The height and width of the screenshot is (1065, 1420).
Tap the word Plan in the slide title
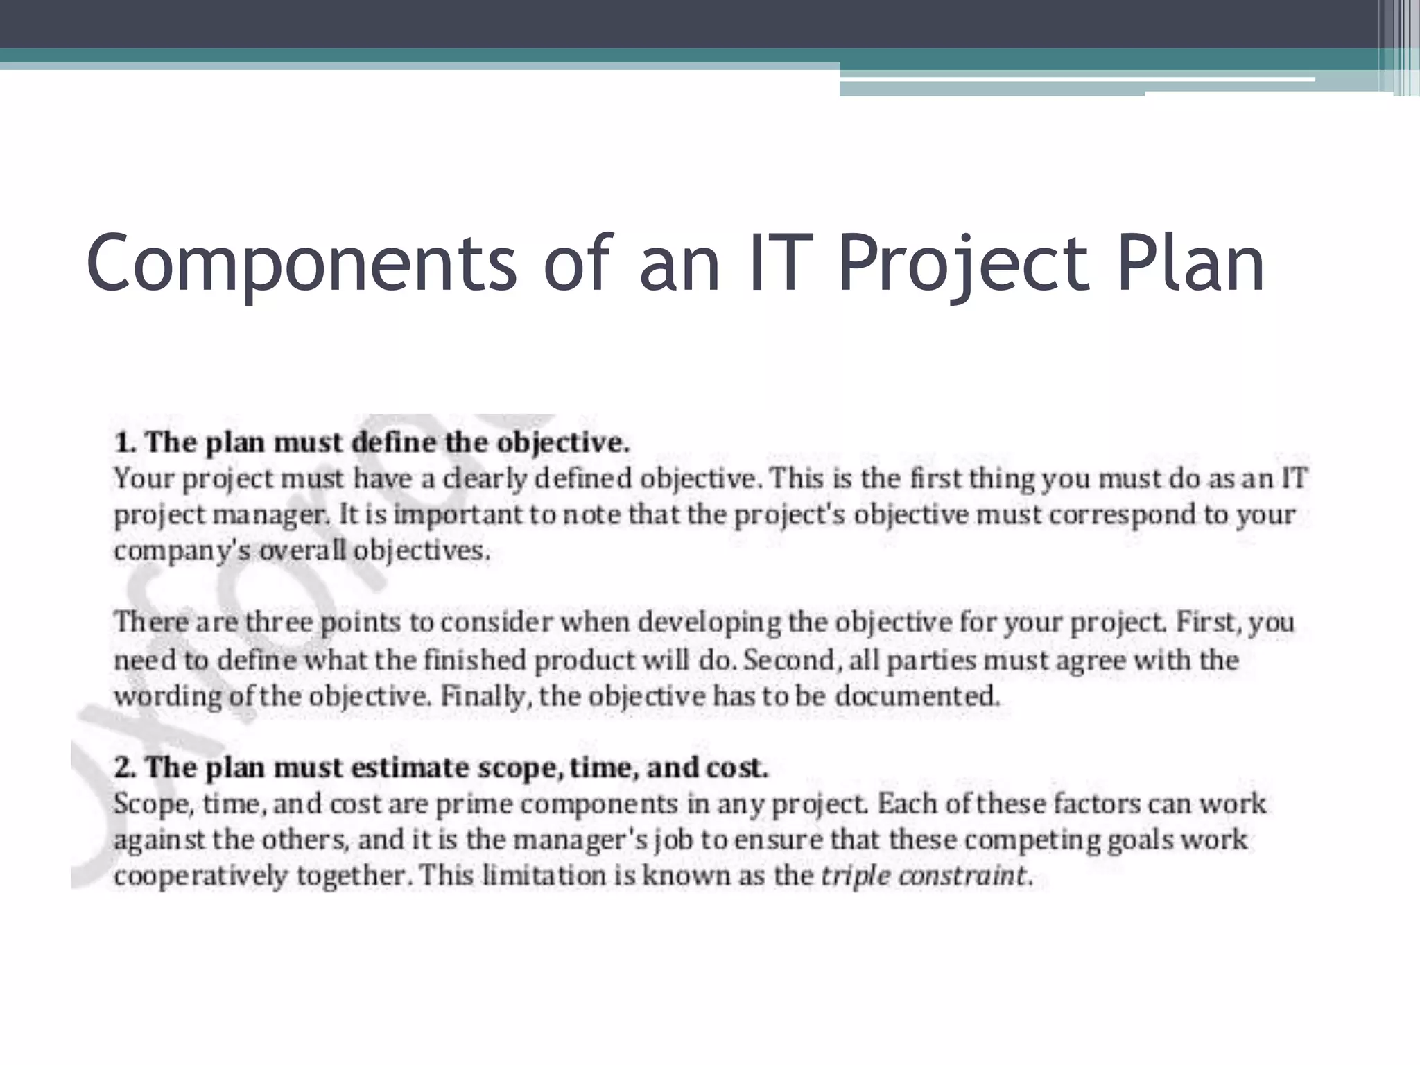1190,264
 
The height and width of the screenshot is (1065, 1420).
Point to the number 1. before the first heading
125,443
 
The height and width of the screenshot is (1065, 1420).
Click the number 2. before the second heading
125,768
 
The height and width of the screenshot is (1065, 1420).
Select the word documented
917,695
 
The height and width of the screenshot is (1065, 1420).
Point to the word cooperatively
200,876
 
